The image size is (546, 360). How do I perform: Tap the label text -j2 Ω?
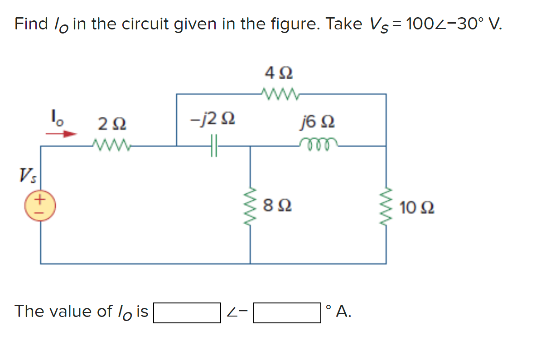click(212, 120)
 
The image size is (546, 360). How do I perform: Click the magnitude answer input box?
click(187, 313)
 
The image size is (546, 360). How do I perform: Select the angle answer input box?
click(287, 313)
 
